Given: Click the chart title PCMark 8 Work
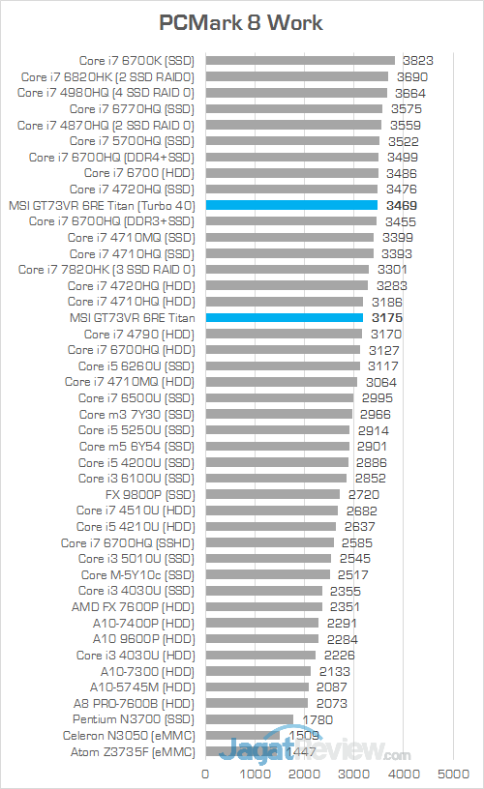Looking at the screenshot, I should [241, 22].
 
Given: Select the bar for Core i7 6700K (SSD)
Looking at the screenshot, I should [300, 60].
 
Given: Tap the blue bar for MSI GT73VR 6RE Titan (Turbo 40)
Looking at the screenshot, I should [290, 205].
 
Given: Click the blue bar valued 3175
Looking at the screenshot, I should [284, 317].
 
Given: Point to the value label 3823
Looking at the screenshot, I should [417, 60].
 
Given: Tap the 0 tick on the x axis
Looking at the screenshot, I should [205, 774].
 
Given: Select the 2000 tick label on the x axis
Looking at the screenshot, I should [304, 774].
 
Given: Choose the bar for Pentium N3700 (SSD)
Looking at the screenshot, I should [249, 719].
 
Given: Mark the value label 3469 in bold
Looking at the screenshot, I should [400, 205].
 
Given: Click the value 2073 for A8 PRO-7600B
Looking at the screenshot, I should [330, 703].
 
